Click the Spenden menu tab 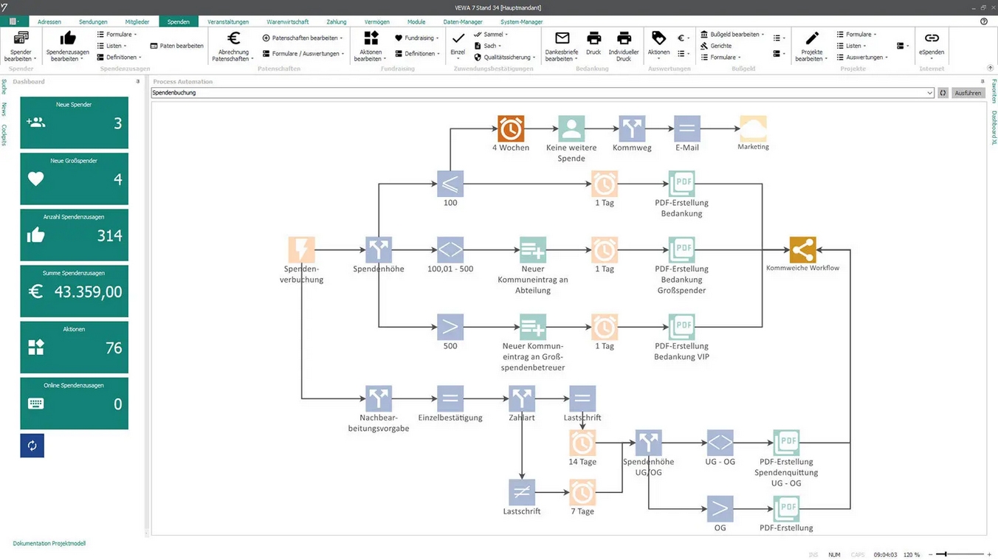point(179,22)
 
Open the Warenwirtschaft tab point(288,22)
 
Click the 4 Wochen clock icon point(510,129)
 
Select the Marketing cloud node point(753,129)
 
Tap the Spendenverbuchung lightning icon point(301,250)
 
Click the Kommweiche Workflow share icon point(802,250)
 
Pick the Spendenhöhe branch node point(379,250)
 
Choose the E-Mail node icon point(686,129)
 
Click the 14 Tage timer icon point(582,443)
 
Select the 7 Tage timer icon point(582,492)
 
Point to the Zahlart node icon point(522,399)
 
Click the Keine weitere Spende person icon point(571,129)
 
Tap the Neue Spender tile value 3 point(117,124)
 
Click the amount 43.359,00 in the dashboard point(88,292)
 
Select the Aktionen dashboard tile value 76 point(114,348)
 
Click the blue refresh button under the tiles point(32,446)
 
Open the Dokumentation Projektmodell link point(49,544)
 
